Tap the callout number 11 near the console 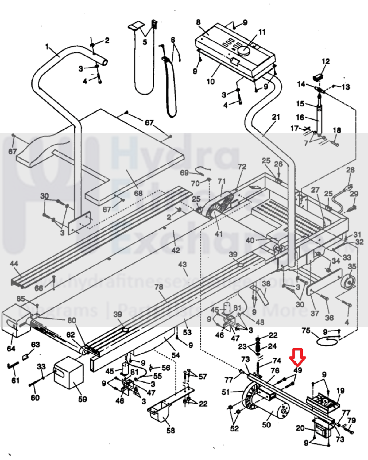pyautogui.click(x=262, y=32)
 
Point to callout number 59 pyautogui.click(x=82, y=399)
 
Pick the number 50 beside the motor pyautogui.click(x=266, y=425)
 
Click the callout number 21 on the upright pyautogui.click(x=276, y=117)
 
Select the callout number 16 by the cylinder pyautogui.click(x=300, y=117)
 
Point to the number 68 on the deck pyautogui.click(x=138, y=193)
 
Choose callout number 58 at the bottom pyautogui.click(x=171, y=431)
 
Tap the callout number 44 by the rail pyautogui.click(x=14, y=264)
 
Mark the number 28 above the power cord pyautogui.click(x=350, y=170)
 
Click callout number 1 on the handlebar pyautogui.click(x=47, y=47)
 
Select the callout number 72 pyautogui.click(x=242, y=167)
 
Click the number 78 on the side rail pyautogui.click(x=159, y=287)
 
